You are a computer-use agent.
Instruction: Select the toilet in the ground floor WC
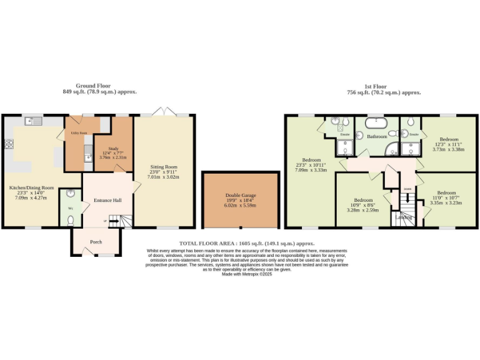pyautogui.click(x=71, y=220)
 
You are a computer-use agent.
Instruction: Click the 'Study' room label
pyautogui.click(x=113, y=149)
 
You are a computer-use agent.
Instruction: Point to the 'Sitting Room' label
pyautogui.click(x=164, y=167)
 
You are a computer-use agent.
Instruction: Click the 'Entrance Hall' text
pyautogui.click(x=107, y=200)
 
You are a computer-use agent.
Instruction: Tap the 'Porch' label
pyautogui.click(x=96, y=241)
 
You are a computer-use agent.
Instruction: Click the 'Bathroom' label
pyautogui.click(x=376, y=136)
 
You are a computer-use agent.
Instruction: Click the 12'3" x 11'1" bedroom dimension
pyautogui.click(x=448, y=144)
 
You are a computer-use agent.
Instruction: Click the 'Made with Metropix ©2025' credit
pyautogui.click(x=246, y=274)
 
